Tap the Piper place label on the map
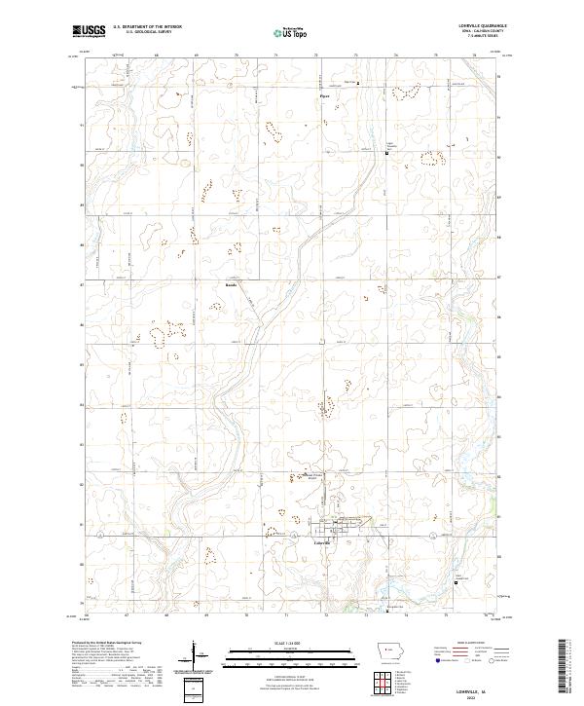pos(327,96)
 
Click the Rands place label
pos(231,286)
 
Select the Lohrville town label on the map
pos(324,543)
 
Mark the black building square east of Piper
pos(357,84)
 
